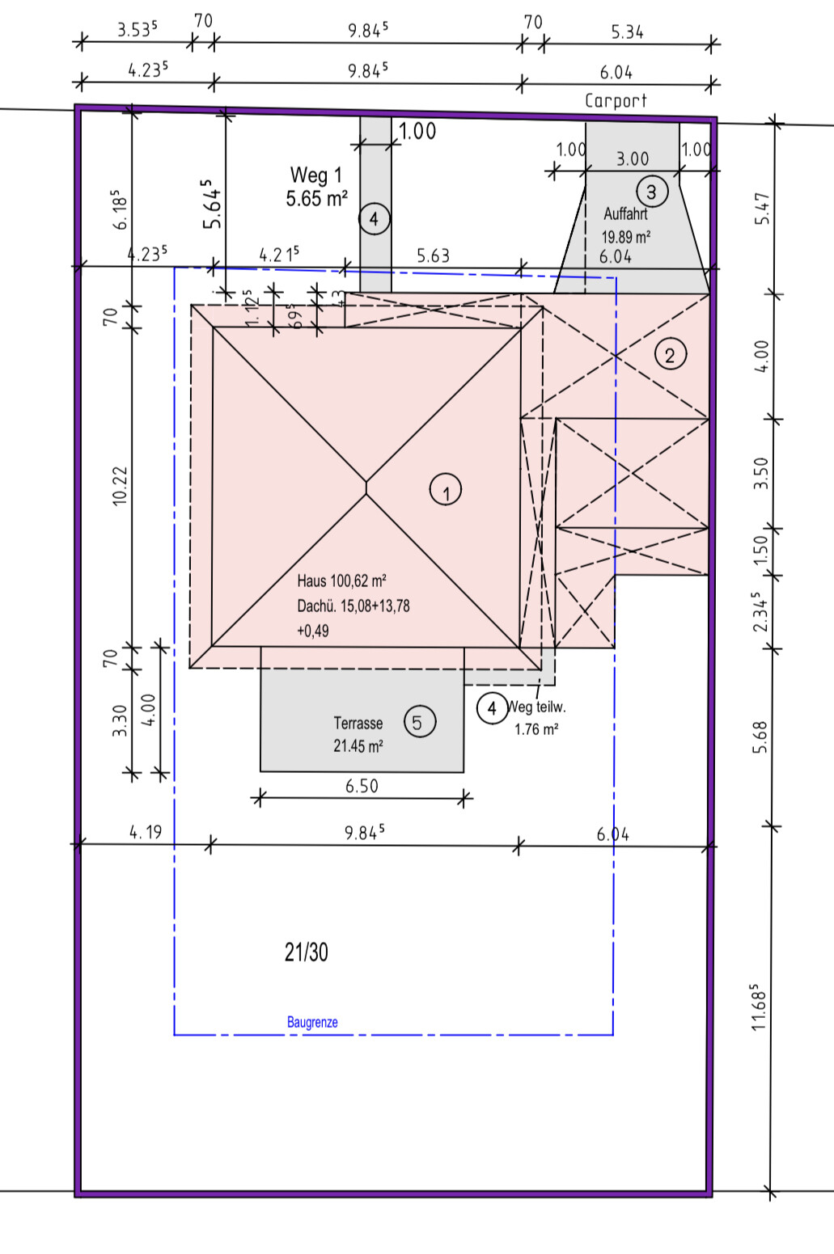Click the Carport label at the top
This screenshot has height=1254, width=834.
tap(616, 101)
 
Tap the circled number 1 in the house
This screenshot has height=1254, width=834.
tap(446, 490)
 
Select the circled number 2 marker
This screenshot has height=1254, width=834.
tap(670, 354)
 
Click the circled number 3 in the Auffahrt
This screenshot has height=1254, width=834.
tap(651, 192)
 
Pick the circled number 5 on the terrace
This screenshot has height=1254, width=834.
tap(417, 722)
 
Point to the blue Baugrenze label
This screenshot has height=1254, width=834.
tap(312, 1022)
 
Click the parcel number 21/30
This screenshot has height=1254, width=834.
tap(307, 952)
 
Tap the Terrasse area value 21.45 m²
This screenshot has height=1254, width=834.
tap(358, 746)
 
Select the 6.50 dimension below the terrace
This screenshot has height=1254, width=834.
tap(362, 786)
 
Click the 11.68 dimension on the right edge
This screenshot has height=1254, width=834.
tap(758, 1007)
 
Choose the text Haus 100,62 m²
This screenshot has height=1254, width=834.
tap(341, 581)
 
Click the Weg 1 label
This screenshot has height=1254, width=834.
tap(315, 175)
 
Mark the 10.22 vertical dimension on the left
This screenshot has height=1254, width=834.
tap(120, 486)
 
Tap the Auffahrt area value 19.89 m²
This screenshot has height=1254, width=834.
tap(625, 237)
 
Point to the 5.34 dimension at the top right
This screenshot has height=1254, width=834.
tap(627, 32)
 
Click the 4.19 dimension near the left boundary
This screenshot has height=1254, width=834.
tap(146, 832)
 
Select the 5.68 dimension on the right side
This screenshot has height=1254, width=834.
tap(759, 737)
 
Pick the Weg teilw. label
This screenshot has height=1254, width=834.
tap(536, 707)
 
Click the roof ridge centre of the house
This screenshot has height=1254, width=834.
tap(366, 487)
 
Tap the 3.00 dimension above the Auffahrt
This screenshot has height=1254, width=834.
tap(633, 159)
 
